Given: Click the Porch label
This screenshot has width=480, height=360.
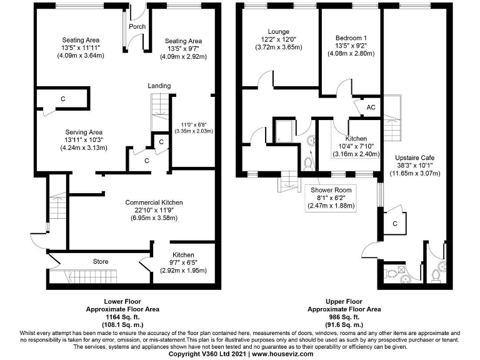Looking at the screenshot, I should click(x=136, y=27).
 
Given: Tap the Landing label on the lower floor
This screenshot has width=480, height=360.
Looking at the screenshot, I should click(x=159, y=86).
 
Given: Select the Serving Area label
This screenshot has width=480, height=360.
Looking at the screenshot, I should click(x=84, y=132).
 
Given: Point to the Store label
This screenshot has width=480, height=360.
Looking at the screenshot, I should click(x=101, y=261).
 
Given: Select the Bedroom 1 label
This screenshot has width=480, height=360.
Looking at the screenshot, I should click(x=351, y=37).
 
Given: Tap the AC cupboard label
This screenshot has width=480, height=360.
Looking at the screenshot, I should click(x=371, y=107).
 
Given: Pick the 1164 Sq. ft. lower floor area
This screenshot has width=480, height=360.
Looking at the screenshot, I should click(x=122, y=316).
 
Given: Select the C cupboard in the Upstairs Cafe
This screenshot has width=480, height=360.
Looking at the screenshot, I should click(x=396, y=222).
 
